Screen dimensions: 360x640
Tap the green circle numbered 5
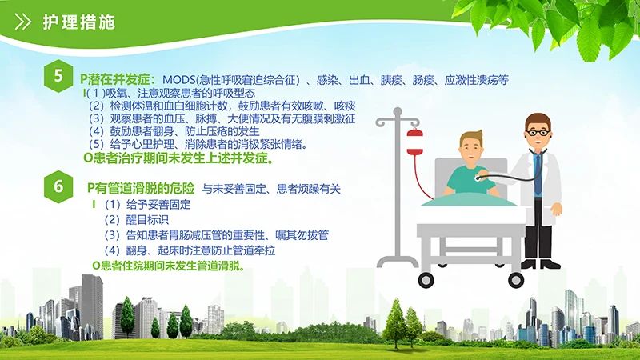58,78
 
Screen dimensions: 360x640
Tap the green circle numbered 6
58,187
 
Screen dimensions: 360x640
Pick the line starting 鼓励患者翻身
173,130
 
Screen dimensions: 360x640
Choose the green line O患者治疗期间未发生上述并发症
178,158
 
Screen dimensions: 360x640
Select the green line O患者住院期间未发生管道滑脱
169,265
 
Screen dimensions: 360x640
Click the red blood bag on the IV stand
414,144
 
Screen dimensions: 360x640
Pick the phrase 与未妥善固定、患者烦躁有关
271,190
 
